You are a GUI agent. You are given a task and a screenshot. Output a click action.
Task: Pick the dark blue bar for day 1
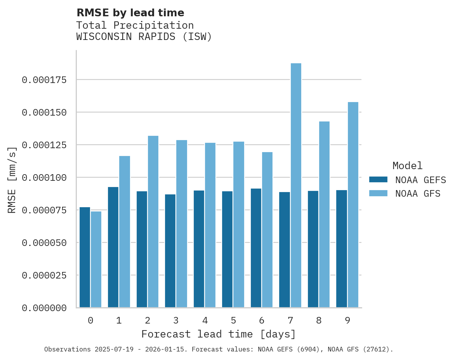(x=113, y=247)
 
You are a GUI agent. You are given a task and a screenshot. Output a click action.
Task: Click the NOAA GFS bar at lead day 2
(x=153, y=222)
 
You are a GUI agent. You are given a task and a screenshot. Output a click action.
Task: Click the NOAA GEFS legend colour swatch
(x=378, y=180)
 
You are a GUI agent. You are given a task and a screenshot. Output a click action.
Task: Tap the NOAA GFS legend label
(x=418, y=194)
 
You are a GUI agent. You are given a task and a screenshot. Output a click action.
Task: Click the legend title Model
(x=407, y=166)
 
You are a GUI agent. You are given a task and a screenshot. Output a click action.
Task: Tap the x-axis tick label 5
(x=233, y=320)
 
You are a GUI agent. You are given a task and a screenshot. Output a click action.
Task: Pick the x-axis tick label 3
(x=176, y=320)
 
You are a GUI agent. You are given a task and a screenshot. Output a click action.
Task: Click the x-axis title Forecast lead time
(x=219, y=334)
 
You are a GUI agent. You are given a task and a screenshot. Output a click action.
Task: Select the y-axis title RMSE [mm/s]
(x=12, y=180)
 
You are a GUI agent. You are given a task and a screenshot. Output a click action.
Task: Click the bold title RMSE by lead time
(x=130, y=13)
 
